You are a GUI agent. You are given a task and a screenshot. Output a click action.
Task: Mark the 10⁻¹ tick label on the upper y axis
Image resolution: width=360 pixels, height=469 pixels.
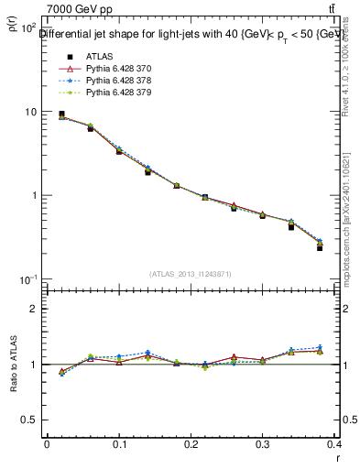(x=27, y=279)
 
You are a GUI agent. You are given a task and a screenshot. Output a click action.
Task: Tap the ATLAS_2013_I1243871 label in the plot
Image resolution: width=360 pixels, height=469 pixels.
(x=191, y=275)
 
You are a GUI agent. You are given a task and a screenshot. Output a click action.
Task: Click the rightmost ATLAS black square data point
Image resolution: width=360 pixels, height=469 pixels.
(x=320, y=247)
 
